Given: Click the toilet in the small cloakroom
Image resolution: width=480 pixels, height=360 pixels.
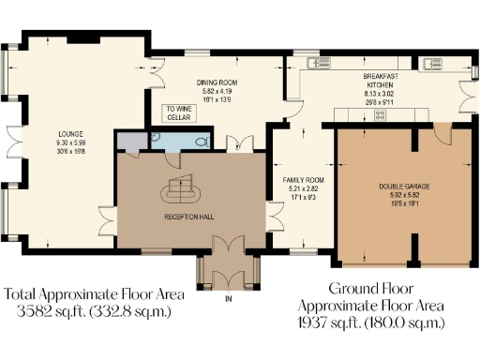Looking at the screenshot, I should (200, 141).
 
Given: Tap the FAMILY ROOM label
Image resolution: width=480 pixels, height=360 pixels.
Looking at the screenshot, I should (303, 177).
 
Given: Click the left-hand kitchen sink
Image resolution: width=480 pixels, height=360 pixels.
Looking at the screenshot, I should (313, 64).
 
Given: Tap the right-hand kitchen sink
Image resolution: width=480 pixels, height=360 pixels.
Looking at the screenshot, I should (432, 64).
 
